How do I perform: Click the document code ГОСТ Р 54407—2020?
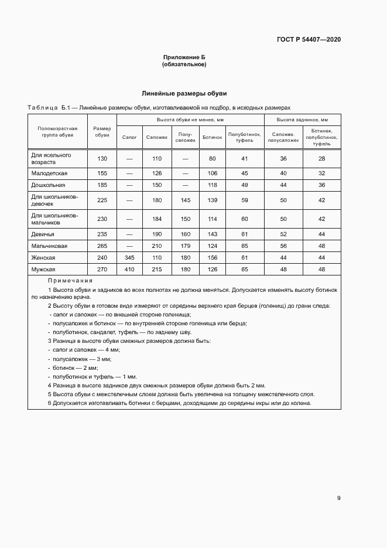309,40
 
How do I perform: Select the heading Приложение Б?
184,57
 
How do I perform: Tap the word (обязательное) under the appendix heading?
184,64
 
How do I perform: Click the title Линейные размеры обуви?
184,93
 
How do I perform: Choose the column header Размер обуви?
102,132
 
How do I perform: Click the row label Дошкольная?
48,185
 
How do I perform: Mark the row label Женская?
43,257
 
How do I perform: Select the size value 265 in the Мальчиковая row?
102,246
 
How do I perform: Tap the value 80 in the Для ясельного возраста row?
212,159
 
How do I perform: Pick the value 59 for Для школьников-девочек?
245,200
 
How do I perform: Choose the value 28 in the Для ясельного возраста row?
321,159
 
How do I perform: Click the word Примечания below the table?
67,281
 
